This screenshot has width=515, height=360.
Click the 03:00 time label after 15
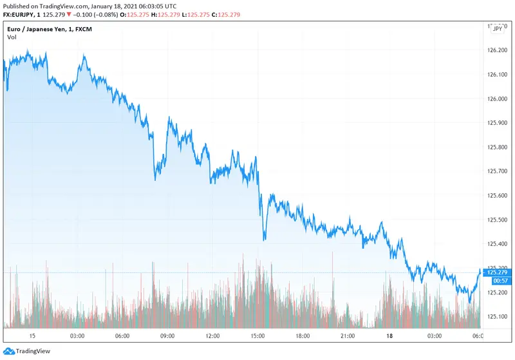[x=77, y=336]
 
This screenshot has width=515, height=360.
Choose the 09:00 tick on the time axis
[x=167, y=336]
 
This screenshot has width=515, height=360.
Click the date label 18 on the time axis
[x=389, y=336]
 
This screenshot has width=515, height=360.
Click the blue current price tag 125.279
[x=498, y=272]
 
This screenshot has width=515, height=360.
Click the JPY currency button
[x=498, y=28]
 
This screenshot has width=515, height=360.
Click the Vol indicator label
[x=12, y=37]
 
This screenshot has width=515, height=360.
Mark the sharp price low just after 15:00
[x=265, y=240]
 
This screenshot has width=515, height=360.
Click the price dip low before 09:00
[x=155, y=179]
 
